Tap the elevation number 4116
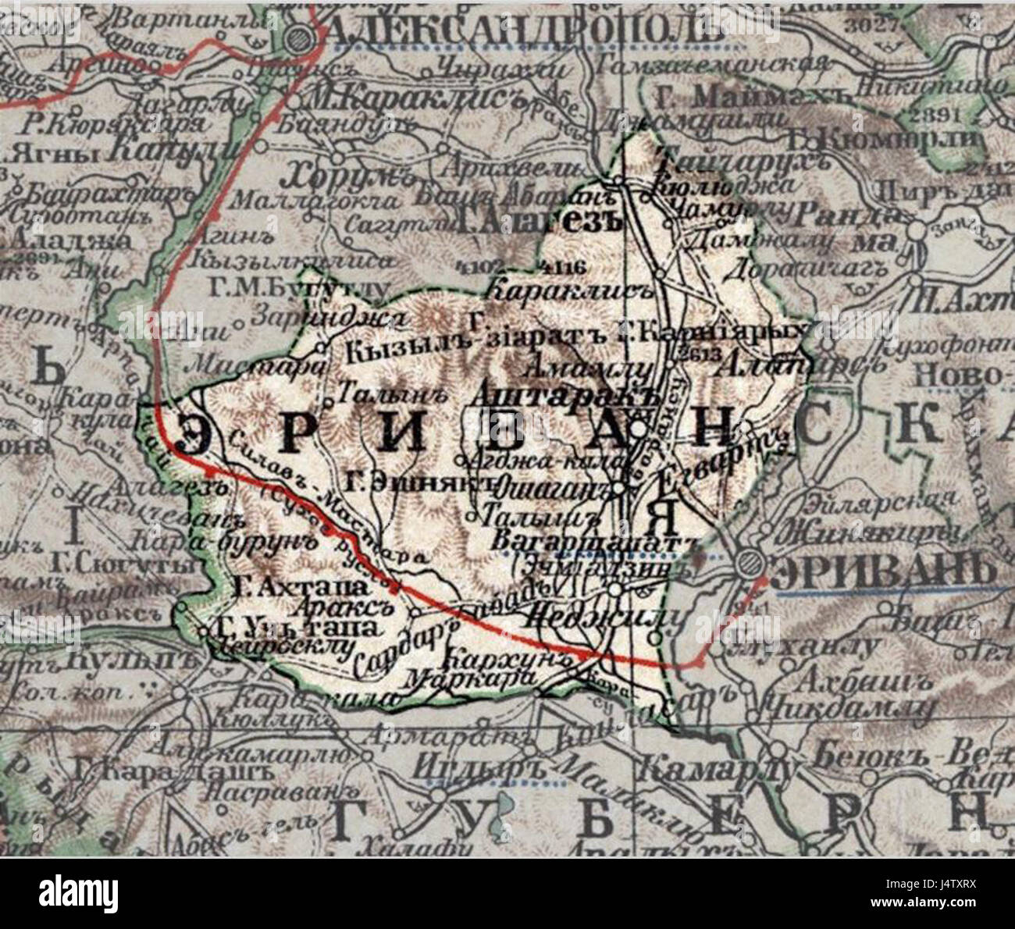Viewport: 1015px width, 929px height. (x=561, y=268)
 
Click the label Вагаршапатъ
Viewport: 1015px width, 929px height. (x=593, y=542)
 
